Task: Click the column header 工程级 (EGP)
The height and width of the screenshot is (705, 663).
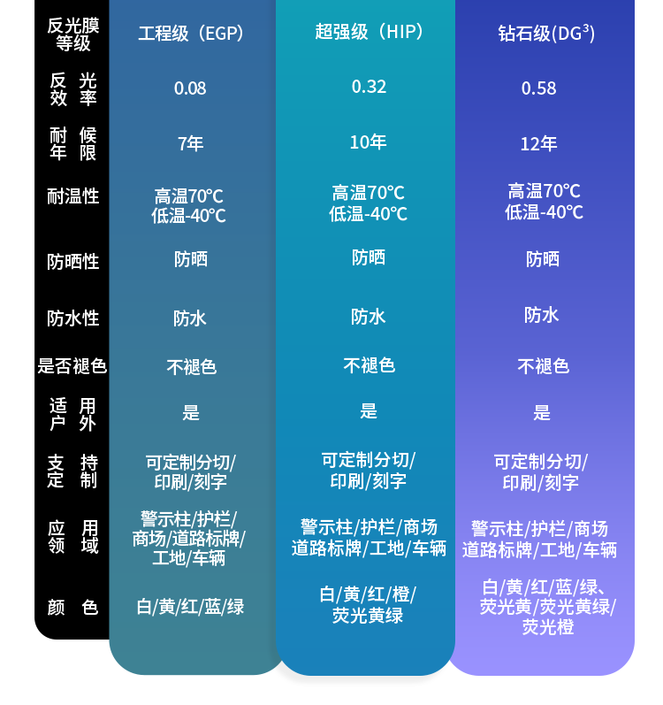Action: [190, 34]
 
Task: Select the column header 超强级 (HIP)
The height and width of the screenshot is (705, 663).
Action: [370, 33]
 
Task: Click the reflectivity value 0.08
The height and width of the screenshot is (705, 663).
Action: [190, 88]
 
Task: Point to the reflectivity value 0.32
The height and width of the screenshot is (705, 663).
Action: [369, 86]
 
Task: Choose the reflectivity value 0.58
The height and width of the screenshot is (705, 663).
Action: [538, 88]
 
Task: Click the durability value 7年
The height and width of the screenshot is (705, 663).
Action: [190, 143]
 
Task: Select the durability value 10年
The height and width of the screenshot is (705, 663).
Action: [368, 142]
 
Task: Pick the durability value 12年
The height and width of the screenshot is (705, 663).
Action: [538, 143]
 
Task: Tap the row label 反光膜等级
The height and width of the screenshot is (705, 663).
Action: [73, 34]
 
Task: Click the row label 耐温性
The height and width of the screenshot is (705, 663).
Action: [73, 196]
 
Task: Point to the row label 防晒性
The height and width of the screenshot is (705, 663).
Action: [73, 262]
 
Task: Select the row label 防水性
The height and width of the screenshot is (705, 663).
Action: [73, 318]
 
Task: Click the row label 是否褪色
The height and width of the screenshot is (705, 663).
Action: [72, 366]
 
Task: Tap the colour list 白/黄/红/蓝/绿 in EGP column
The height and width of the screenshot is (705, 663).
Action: [190, 607]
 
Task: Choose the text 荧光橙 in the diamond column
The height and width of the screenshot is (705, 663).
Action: [547, 627]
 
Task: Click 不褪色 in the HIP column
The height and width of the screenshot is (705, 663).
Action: [369, 365]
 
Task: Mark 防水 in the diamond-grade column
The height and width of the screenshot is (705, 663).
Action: [541, 315]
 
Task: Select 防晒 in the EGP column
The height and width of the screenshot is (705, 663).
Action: [190, 259]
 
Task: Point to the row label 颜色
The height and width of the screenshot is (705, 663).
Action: [73, 608]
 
